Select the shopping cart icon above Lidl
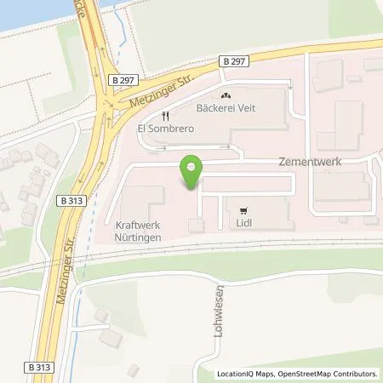[x=244, y=210]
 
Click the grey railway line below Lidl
[x=255, y=243]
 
